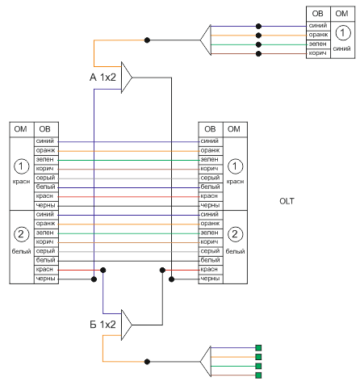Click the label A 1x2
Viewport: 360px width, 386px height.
[x=103, y=78]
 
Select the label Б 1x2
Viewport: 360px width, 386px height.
[x=103, y=325]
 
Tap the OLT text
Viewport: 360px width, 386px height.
[x=287, y=201]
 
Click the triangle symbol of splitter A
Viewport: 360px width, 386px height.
[x=127, y=78]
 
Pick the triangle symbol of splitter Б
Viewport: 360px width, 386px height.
[x=127, y=325]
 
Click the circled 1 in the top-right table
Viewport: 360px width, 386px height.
[x=343, y=33]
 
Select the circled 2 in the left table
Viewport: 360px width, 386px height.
[x=21, y=234]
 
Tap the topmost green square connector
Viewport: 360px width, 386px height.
[x=258, y=348]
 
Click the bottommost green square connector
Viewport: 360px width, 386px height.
[x=258, y=376]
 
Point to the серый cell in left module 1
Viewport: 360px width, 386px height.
[x=46, y=178]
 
